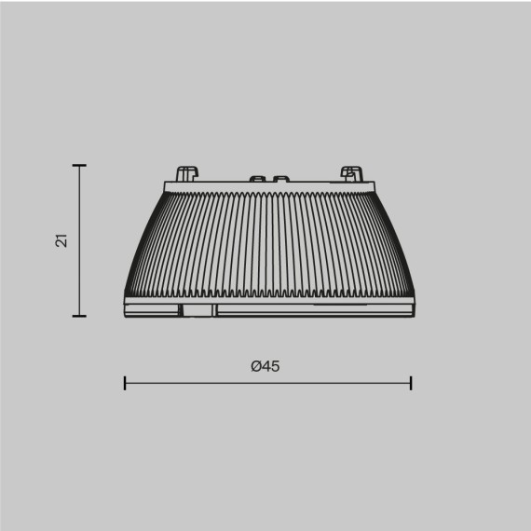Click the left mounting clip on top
(186, 174)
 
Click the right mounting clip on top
(350, 173)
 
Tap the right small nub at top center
(279, 178)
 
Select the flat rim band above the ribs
(268, 186)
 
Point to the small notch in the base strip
(197, 308)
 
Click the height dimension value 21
(61, 240)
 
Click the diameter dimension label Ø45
(265, 366)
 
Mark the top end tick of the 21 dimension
(79, 166)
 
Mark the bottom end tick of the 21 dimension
(79, 316)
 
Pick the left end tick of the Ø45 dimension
(125, 382)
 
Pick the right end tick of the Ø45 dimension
(411, 382)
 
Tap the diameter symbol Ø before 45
(256, 366)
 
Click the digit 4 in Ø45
(266, 366)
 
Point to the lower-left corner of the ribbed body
(128, 296)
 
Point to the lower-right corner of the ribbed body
(409, 296)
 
